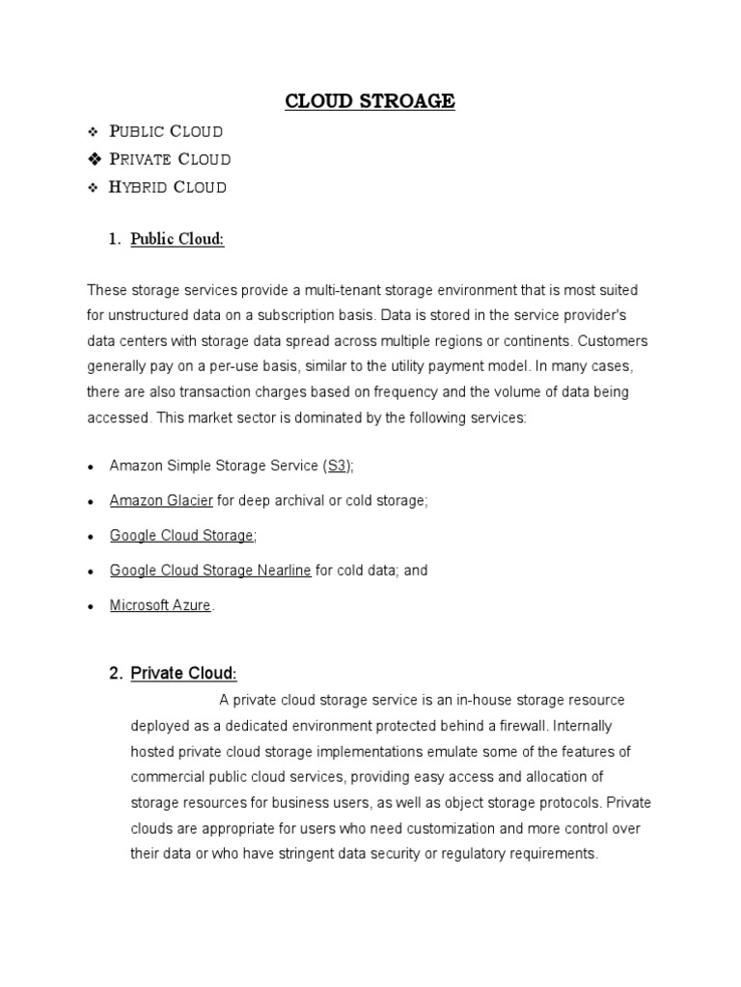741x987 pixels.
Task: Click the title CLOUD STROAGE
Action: click(x=370, y=101)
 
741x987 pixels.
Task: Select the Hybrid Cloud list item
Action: click(x=168, y=187)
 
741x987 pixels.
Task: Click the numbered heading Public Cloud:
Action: click(x=178, y=239)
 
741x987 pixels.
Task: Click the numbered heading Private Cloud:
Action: click(x=183, y=674)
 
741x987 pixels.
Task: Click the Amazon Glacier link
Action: click(x=161, y=500)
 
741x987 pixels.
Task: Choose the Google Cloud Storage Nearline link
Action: click(x=210, y=570)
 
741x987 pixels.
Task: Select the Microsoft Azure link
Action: click(x=160, y=605)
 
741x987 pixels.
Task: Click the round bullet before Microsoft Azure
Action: click(x=90, y=607)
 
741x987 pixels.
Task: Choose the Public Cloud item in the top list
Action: click(x=166, y=131)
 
